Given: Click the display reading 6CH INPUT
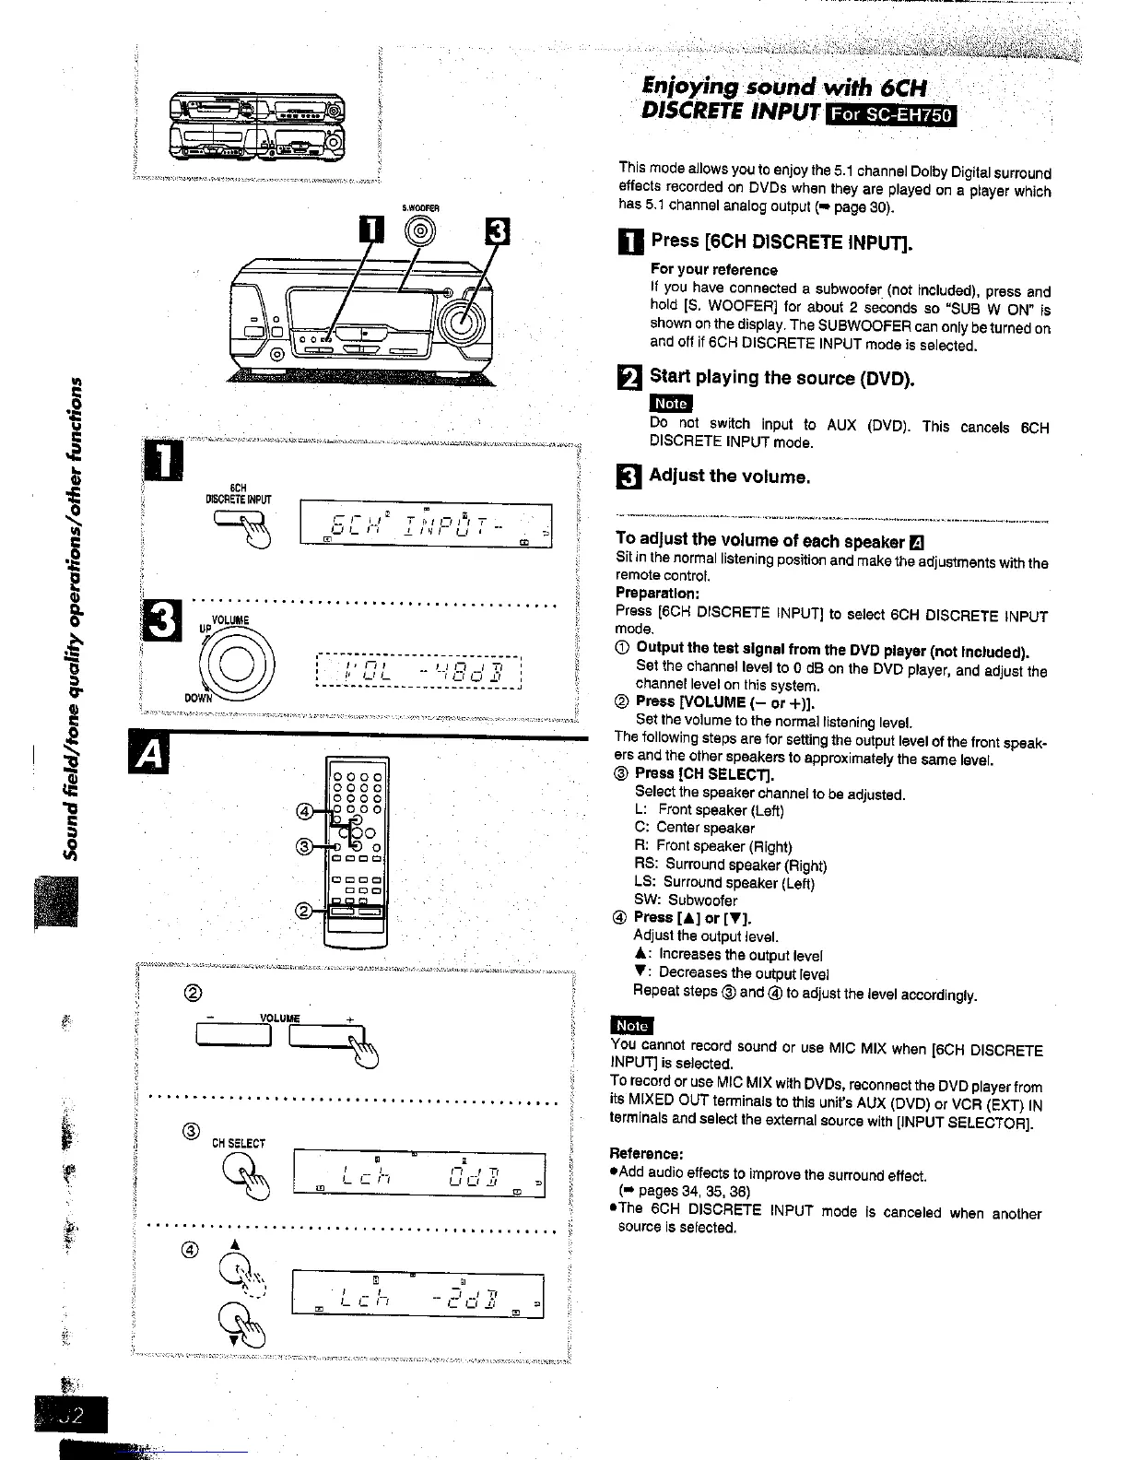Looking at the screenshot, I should tap(425, 527).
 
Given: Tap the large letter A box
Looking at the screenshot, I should tap(147, 757).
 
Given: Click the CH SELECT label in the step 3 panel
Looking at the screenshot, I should tap(239, 1144).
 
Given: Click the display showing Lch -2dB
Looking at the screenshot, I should tap(417, 1294).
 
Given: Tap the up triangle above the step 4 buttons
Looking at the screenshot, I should tap(234, 1243).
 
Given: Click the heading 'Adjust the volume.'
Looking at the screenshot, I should tap(729, 476).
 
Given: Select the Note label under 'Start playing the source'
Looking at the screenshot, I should tap(670, 403).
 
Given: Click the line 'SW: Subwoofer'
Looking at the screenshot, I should tap(686, 900).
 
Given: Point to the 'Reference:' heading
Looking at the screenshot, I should tap(646, 1154).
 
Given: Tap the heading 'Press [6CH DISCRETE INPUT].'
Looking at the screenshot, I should tap(781, 241).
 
